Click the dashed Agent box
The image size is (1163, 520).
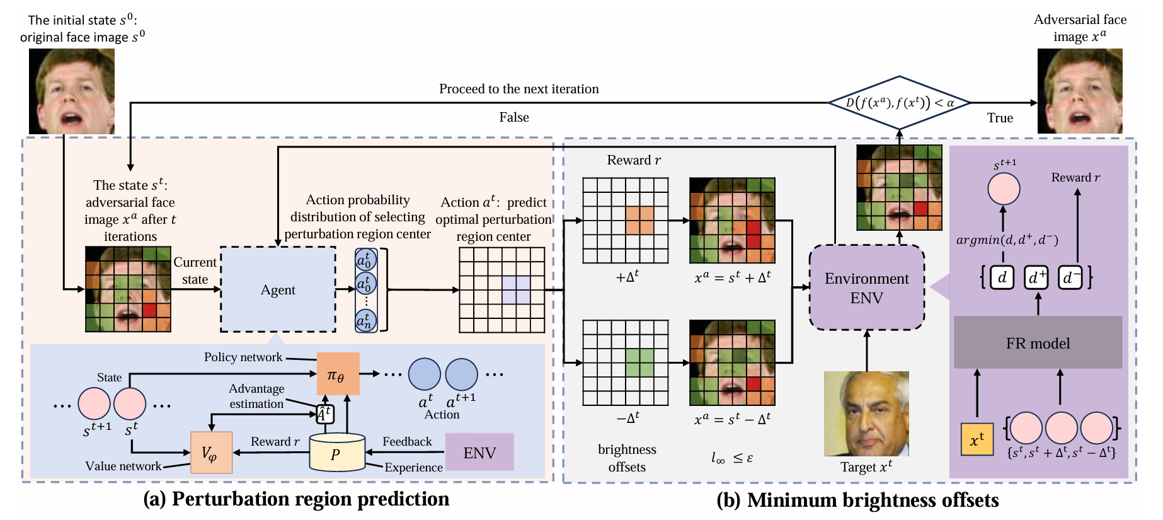(278, 289)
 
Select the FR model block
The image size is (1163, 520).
(1038, 343)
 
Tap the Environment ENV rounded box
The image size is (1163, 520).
(866, 288)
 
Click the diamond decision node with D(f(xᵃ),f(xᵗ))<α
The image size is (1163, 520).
(899, 103)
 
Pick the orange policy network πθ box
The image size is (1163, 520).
(338, 374)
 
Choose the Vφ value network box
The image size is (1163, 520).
(212, 452)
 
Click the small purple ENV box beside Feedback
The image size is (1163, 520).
(479, 452)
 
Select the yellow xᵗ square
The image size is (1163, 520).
(977, 439)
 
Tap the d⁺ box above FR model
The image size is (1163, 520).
(1036, 277)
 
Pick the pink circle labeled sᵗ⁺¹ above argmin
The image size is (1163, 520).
(1004, 188)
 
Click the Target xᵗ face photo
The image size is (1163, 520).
(866, 413)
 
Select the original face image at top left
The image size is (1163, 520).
(72, 91)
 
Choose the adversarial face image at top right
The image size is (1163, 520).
(1080, 91)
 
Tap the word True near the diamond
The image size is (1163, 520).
(1000, 118)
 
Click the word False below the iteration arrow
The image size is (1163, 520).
(514, 117)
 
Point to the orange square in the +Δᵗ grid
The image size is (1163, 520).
(639, 220)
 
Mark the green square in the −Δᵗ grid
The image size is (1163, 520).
(639, 362)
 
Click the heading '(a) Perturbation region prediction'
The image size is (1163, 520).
(296, 499)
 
